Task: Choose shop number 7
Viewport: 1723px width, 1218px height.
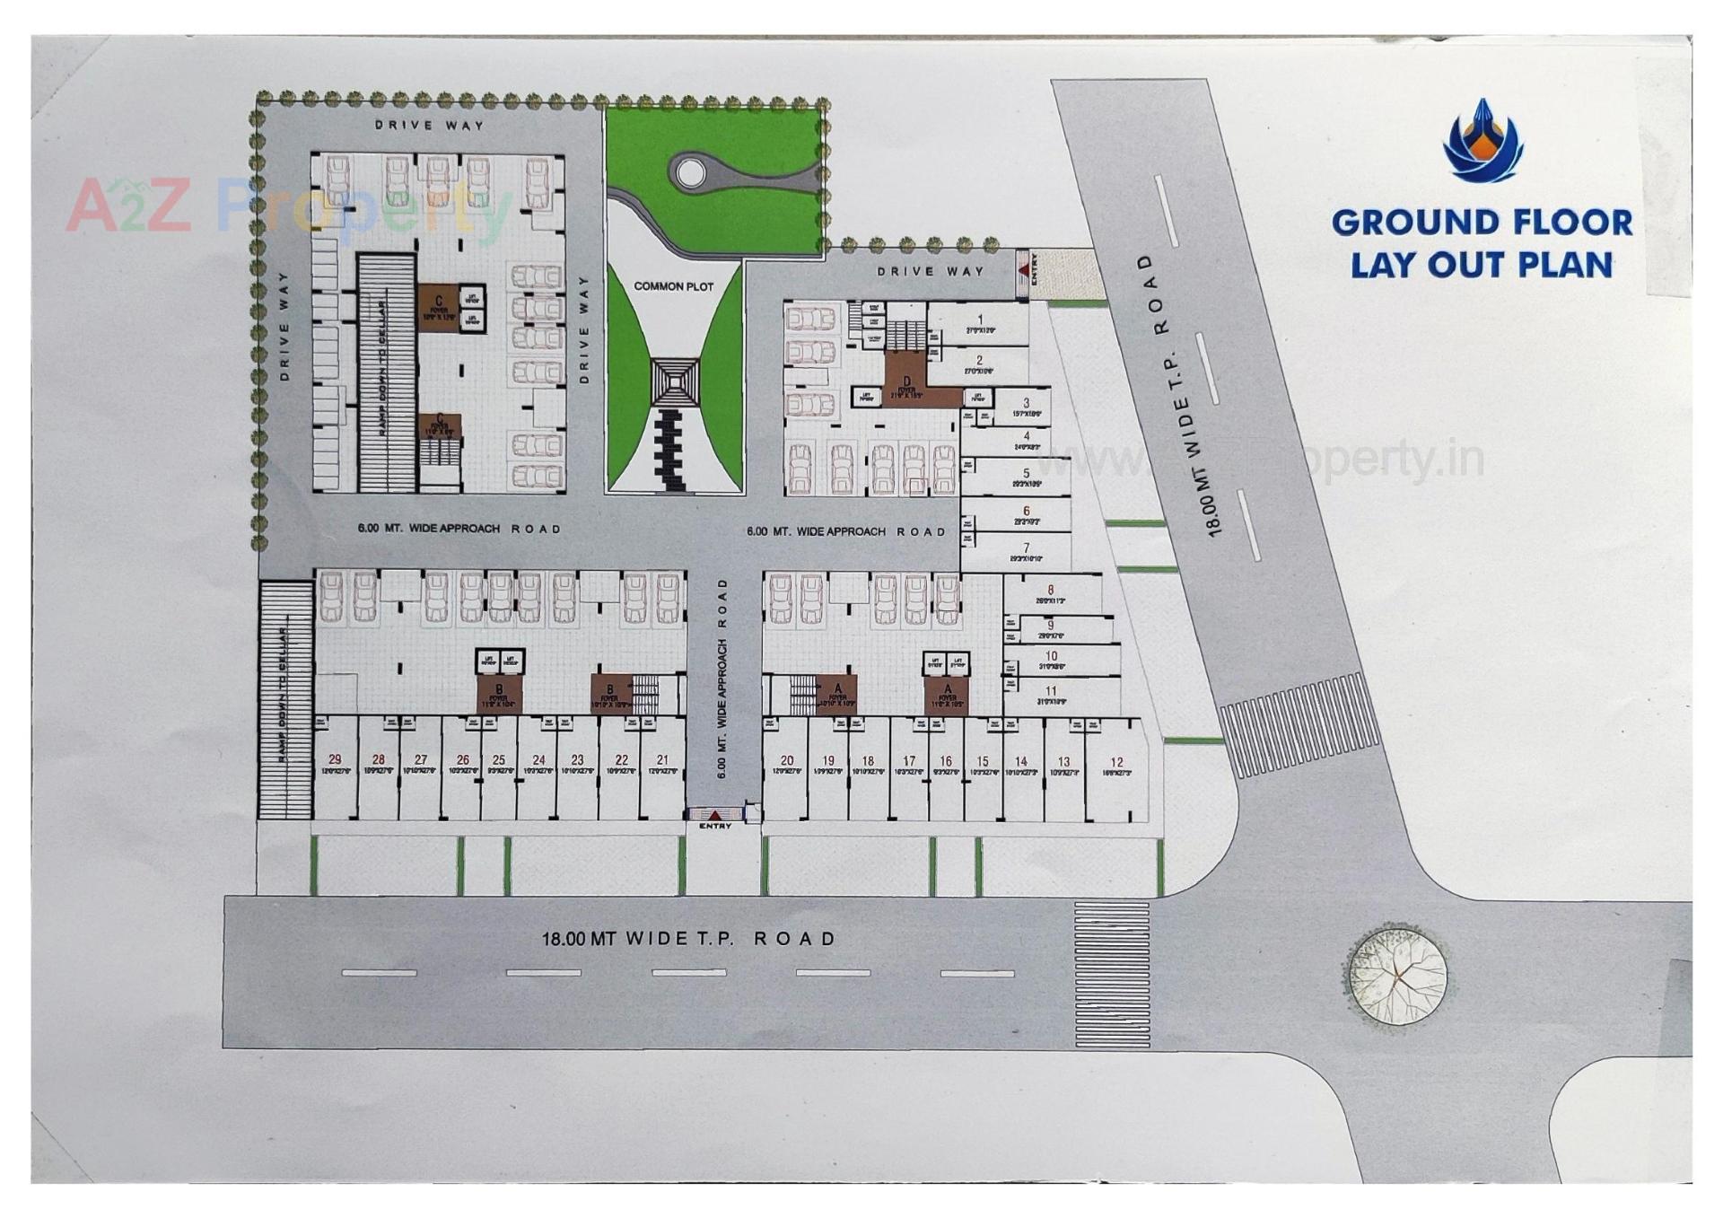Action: coord(1026,551)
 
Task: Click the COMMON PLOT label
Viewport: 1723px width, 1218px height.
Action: coord(673,286)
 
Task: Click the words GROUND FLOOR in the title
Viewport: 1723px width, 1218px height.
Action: coord(1482,223)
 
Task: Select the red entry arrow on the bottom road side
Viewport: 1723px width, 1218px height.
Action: coord(714,815)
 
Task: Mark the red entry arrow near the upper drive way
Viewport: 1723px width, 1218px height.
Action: coord(1023,270)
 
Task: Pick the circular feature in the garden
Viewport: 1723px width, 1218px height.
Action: coord(690,172)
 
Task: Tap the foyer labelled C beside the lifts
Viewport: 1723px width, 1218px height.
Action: coord(439,307)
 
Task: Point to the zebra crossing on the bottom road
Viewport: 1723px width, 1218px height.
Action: coord(1112,975)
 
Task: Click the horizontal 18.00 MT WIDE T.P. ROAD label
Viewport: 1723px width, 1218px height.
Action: coord(688,939)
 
